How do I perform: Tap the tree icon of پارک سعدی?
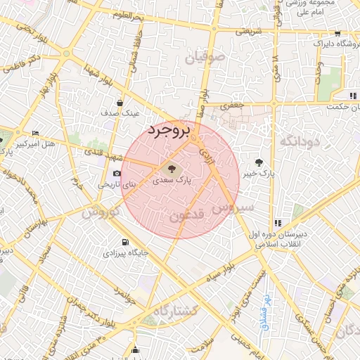click(x=169, y=168)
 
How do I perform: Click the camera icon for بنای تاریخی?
click(x=116, y=174)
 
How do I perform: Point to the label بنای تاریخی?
click(x=112, y=185)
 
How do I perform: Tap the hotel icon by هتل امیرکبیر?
click(x=36, y=132)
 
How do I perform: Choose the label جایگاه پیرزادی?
click(x=126, y=251)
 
